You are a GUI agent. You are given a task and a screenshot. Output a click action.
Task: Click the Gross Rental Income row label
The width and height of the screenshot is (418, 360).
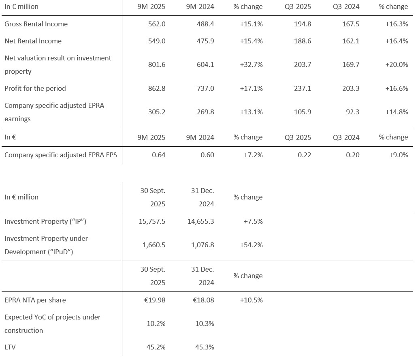[36, 24]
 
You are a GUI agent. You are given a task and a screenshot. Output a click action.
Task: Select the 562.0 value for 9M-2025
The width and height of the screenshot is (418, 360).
[157, 24]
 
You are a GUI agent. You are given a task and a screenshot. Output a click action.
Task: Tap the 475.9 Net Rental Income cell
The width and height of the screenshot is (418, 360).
[206, 41]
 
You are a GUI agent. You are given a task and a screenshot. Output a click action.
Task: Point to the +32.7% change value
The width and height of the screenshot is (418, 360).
[252, 64]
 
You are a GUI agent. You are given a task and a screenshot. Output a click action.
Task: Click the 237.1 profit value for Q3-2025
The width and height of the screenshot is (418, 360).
[303, 88]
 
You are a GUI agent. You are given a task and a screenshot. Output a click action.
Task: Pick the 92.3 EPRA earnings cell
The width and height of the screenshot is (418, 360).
[352, 112]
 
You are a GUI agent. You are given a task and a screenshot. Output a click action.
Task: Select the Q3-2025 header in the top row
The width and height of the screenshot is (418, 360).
[298, 6]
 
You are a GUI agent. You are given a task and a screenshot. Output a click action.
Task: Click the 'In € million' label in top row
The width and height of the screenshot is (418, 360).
[21, 6]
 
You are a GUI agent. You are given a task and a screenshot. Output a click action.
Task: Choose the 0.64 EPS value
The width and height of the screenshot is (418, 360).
[159, 155]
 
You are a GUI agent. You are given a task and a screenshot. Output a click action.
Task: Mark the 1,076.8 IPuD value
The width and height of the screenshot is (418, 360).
[203, 245]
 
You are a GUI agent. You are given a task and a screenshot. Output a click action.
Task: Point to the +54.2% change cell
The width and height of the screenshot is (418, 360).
[252, 245]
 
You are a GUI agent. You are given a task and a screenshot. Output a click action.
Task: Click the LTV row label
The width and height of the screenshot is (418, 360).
[10, 347]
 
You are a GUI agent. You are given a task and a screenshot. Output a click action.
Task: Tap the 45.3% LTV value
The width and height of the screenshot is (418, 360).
[205, 347]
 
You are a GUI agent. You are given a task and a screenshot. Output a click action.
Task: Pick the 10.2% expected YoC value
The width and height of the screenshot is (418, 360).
[156, 324]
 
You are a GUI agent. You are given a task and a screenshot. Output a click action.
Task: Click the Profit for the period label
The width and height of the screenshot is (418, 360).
[35, 88]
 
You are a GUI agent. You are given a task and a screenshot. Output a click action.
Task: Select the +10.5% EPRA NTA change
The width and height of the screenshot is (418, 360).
[252, 300]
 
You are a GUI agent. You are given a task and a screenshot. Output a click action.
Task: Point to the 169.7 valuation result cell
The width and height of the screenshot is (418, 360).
[351, 64]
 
